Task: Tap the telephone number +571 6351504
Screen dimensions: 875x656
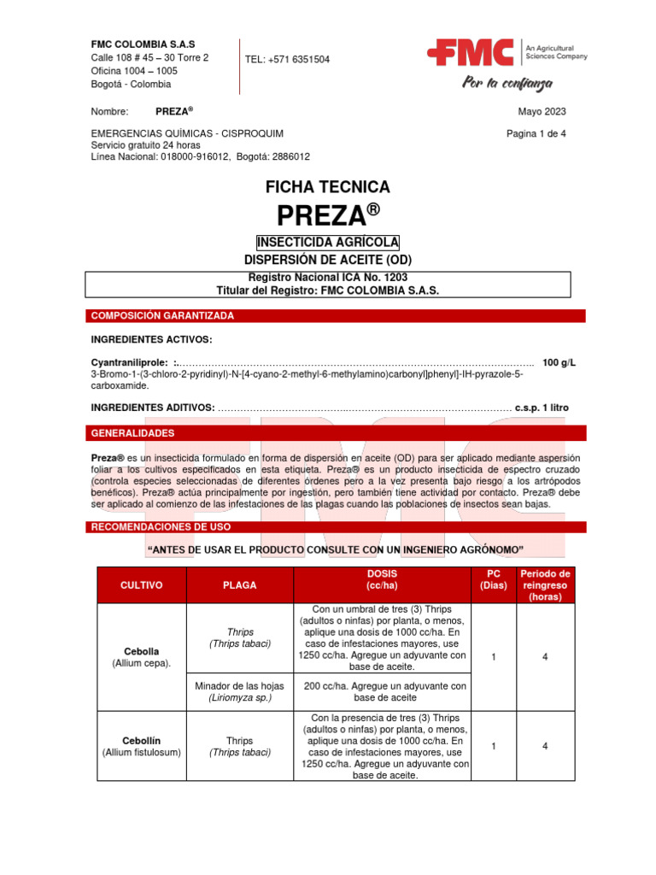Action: click(x=287, y=59)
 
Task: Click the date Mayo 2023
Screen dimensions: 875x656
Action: click(x=542, y=111)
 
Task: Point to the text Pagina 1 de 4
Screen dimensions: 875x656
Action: click(x=536, y=133)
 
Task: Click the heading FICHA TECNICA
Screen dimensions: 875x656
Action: click(x=328, y=186)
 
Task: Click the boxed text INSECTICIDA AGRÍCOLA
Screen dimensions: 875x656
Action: click(x=328, y=243)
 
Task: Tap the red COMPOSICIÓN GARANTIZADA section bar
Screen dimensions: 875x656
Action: click(x=337, y=316)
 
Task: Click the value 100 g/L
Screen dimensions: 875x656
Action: click(x=559, y=362)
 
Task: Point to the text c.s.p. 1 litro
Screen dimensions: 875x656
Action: click(x=542, y=408)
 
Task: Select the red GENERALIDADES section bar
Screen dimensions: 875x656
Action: click(x=337, y=433)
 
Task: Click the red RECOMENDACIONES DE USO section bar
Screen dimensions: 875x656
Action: click(x=337, y=526)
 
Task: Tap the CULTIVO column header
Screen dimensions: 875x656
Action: click(x=141, y=585)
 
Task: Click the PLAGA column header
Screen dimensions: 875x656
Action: click(x=239, y=585)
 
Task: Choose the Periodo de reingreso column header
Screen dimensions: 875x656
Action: click(x=545, y=585)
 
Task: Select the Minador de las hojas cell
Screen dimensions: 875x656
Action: click(x=239, y=691)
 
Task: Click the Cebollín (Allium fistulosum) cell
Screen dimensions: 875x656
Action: click(x=141, y=746)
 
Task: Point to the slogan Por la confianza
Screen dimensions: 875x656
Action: click(x=507, y=84)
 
